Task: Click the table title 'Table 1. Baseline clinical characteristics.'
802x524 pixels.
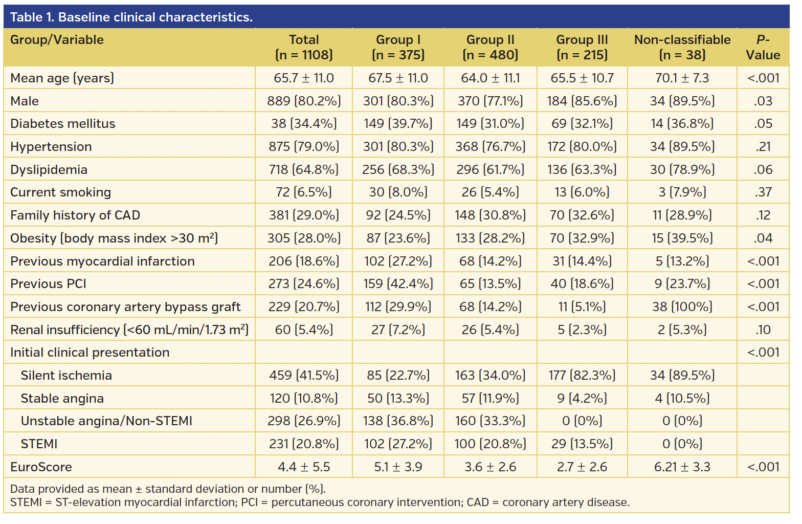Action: tap(131, 17)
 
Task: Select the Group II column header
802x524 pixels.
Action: tap(490, 47)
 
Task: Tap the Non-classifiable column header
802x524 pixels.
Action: tap(682, 47)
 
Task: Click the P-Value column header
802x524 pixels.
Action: tap(763, 47)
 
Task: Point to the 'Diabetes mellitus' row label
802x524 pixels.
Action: tap(63, 124)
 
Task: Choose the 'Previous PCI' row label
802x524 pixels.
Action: tap(48, 284)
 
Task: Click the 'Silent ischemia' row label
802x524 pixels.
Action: tap(66, 376)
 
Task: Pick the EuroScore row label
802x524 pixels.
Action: tap(41, 467)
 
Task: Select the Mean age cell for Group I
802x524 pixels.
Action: tap(398, 78)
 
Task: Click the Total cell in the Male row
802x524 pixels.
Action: tap(304, 101)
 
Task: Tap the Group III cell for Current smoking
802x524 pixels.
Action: tap(582, 192)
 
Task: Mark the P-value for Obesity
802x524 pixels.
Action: tap(763, 238)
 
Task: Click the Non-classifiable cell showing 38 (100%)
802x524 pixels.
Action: tap(682, 307)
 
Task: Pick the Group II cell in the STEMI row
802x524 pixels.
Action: tap(490, 444)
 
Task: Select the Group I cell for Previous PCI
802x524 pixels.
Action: tap(398, 284)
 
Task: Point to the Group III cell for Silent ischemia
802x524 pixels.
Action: tap(582, 376)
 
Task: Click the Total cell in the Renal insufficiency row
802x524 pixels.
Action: tap(304, 330)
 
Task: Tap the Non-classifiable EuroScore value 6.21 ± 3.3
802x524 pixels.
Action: tap(682, 467)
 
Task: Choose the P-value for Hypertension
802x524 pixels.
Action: tap(763, 147)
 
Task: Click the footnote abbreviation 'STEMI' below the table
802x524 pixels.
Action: tap(26, 503)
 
